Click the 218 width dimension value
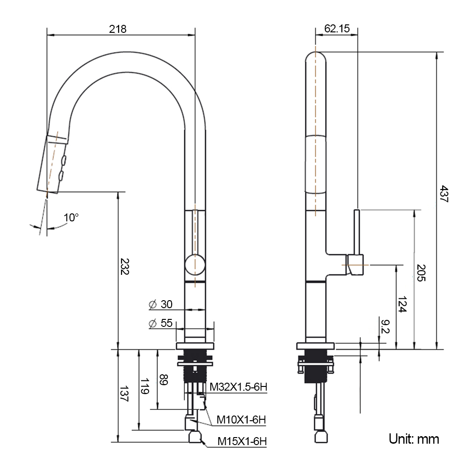click(118, 29)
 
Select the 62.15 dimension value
click(337, 29)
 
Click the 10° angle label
click(71, 218)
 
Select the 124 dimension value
click(402, 304)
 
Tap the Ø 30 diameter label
click(160, 304)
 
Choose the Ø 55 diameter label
click(160, 323)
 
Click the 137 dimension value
click(124, 394)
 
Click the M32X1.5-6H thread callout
click(238, 387)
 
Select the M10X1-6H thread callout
click(241, 419)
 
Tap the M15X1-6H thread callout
click(242, 441)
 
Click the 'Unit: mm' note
click(414, 439)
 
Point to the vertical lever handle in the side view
click(357, 232)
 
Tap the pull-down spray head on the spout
click(54, 162)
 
